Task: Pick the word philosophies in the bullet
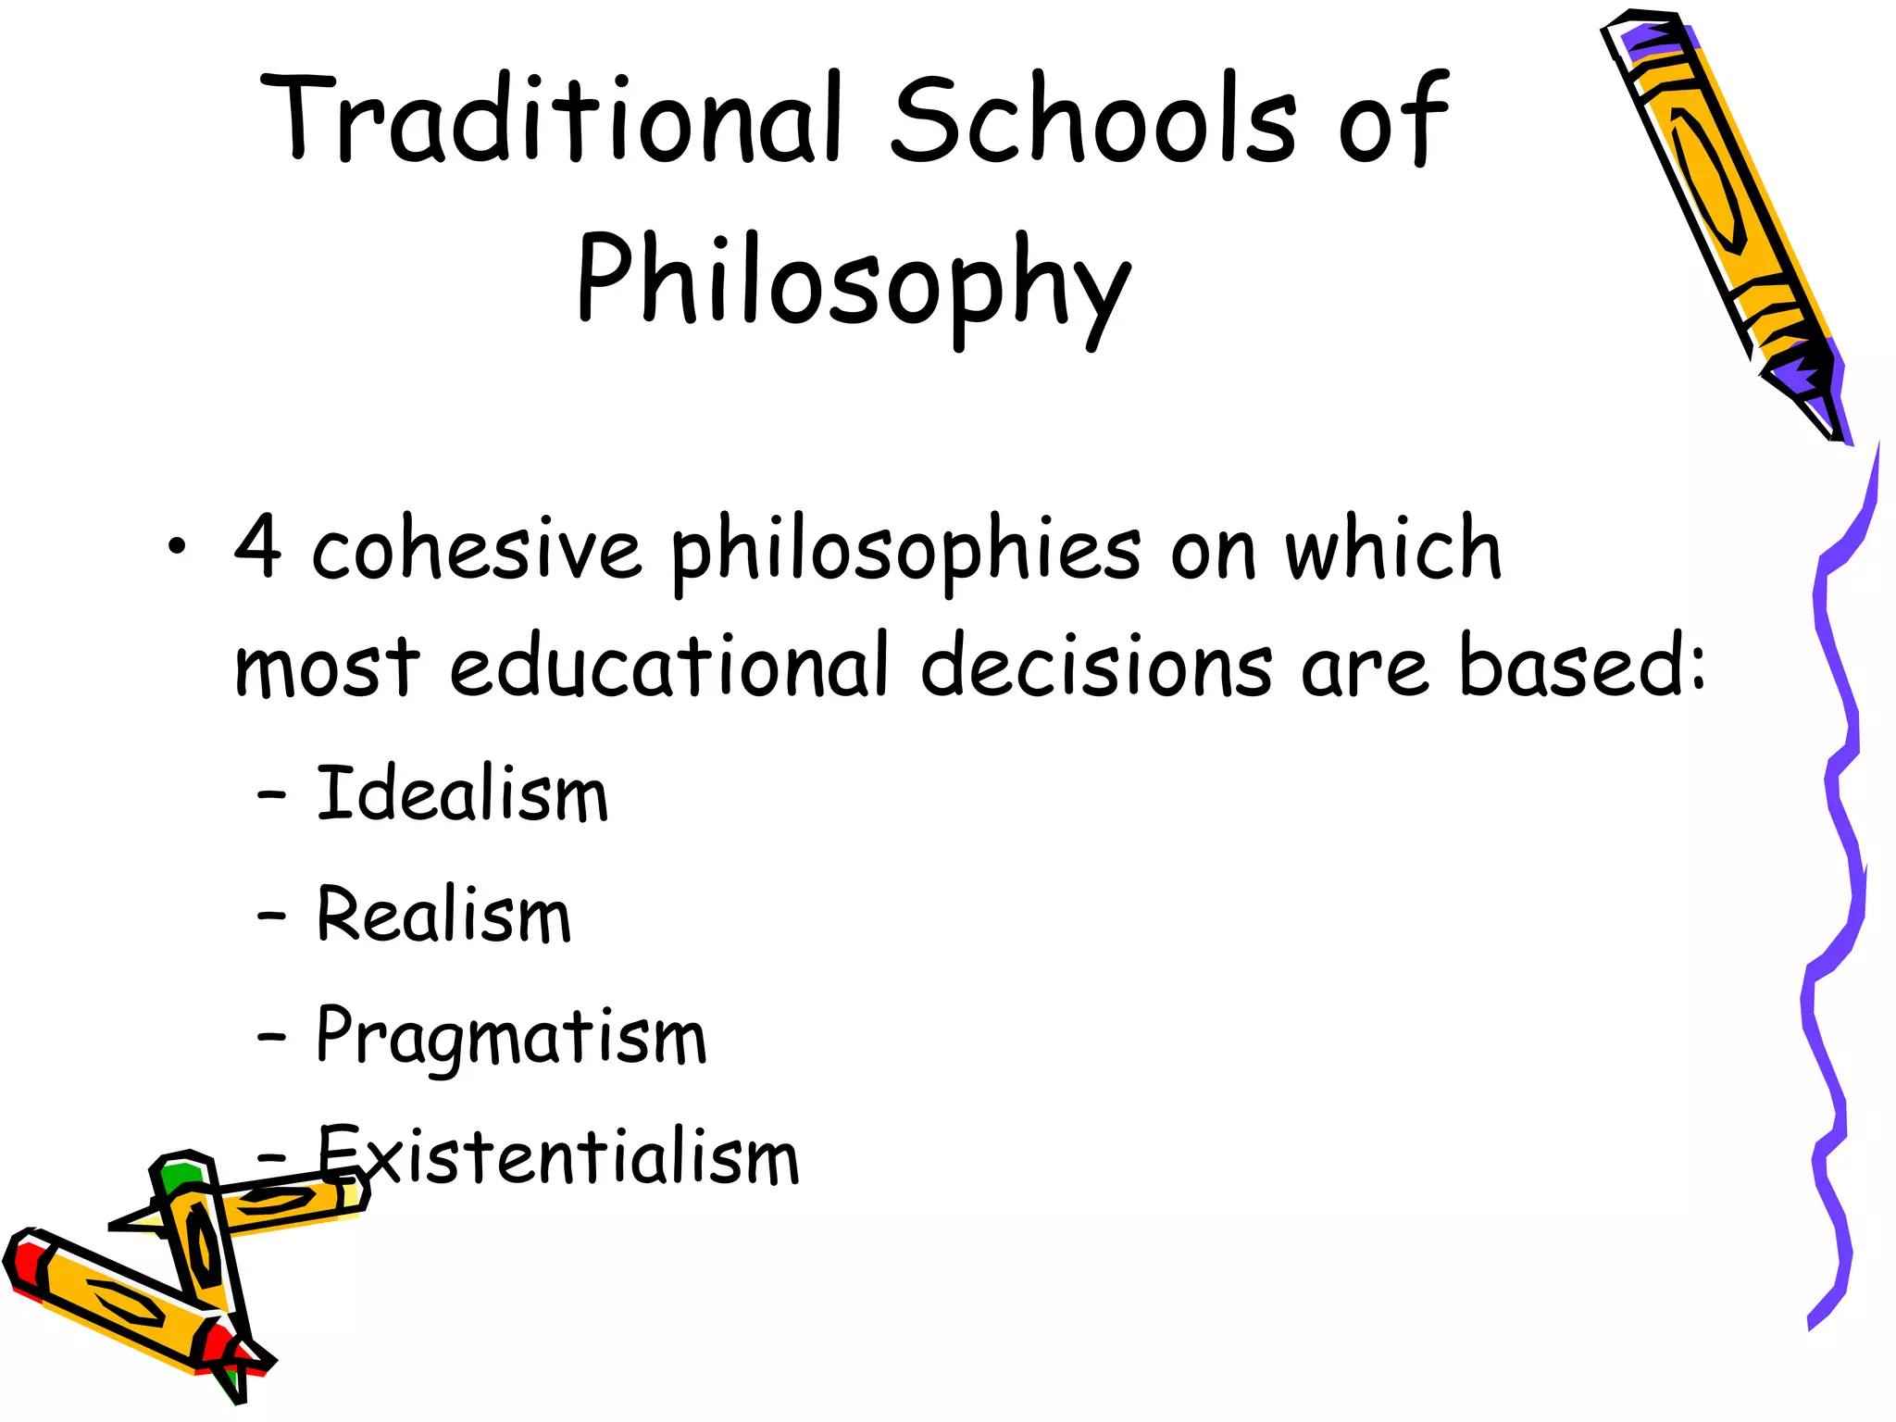click(x=905, y=552)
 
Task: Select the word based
click(x=1574, y=665)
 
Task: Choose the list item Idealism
click(x=462, y=794)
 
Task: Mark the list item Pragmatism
click(x=511, y=1037)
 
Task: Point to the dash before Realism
click(x=271, y=916)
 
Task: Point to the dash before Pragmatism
click(x=271, y=1037)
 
